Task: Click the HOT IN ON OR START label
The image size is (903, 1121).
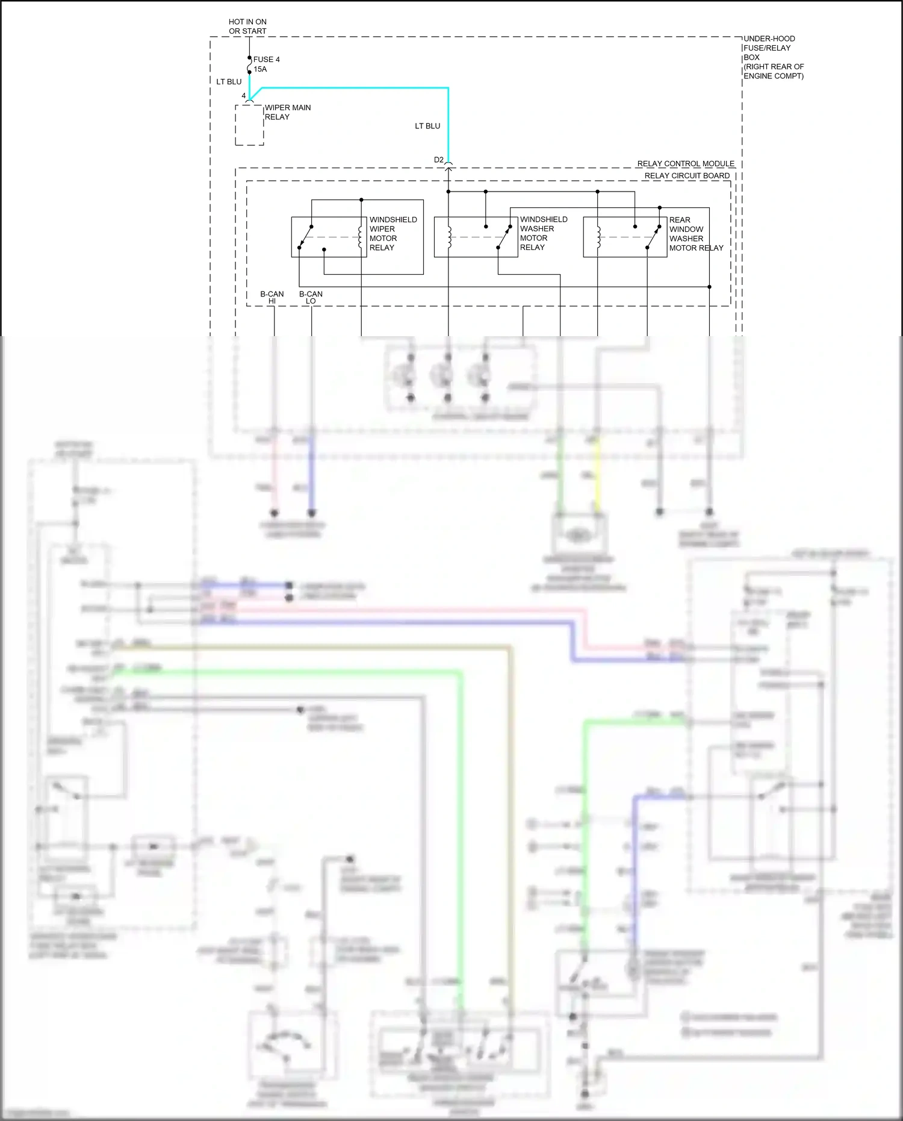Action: (x=247, y=27)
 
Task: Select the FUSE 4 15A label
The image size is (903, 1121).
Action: (x=265, y=64)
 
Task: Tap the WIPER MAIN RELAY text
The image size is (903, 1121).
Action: (x=287, y=112)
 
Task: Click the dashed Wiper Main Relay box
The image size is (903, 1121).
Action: (x=249, y=125)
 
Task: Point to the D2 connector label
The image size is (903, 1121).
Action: (x=439, y=160)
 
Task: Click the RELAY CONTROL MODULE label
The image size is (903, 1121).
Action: (x=686, y=164)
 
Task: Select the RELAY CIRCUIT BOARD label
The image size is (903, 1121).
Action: (x=687, y=176)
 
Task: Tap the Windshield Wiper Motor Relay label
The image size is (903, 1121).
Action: (x=393, y=234)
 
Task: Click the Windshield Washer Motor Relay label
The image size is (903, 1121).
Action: (x=543, y=234)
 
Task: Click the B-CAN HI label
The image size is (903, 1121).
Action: (x=272, y=298)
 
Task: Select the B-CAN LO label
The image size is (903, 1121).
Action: (x=311, y=298)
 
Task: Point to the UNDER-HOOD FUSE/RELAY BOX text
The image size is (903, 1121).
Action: (x=773, y=57)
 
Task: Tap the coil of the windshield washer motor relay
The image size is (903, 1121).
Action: (x=449, y=237)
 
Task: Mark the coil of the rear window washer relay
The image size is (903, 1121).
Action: (x=598, y=237)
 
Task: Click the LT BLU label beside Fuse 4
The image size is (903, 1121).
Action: (x=229, y=82)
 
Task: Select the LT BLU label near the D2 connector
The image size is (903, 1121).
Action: (x=427, y=126)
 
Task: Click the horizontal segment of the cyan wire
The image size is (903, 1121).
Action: (x=355, y=89)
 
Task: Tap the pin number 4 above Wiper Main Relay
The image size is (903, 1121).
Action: (x=244, y=96)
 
